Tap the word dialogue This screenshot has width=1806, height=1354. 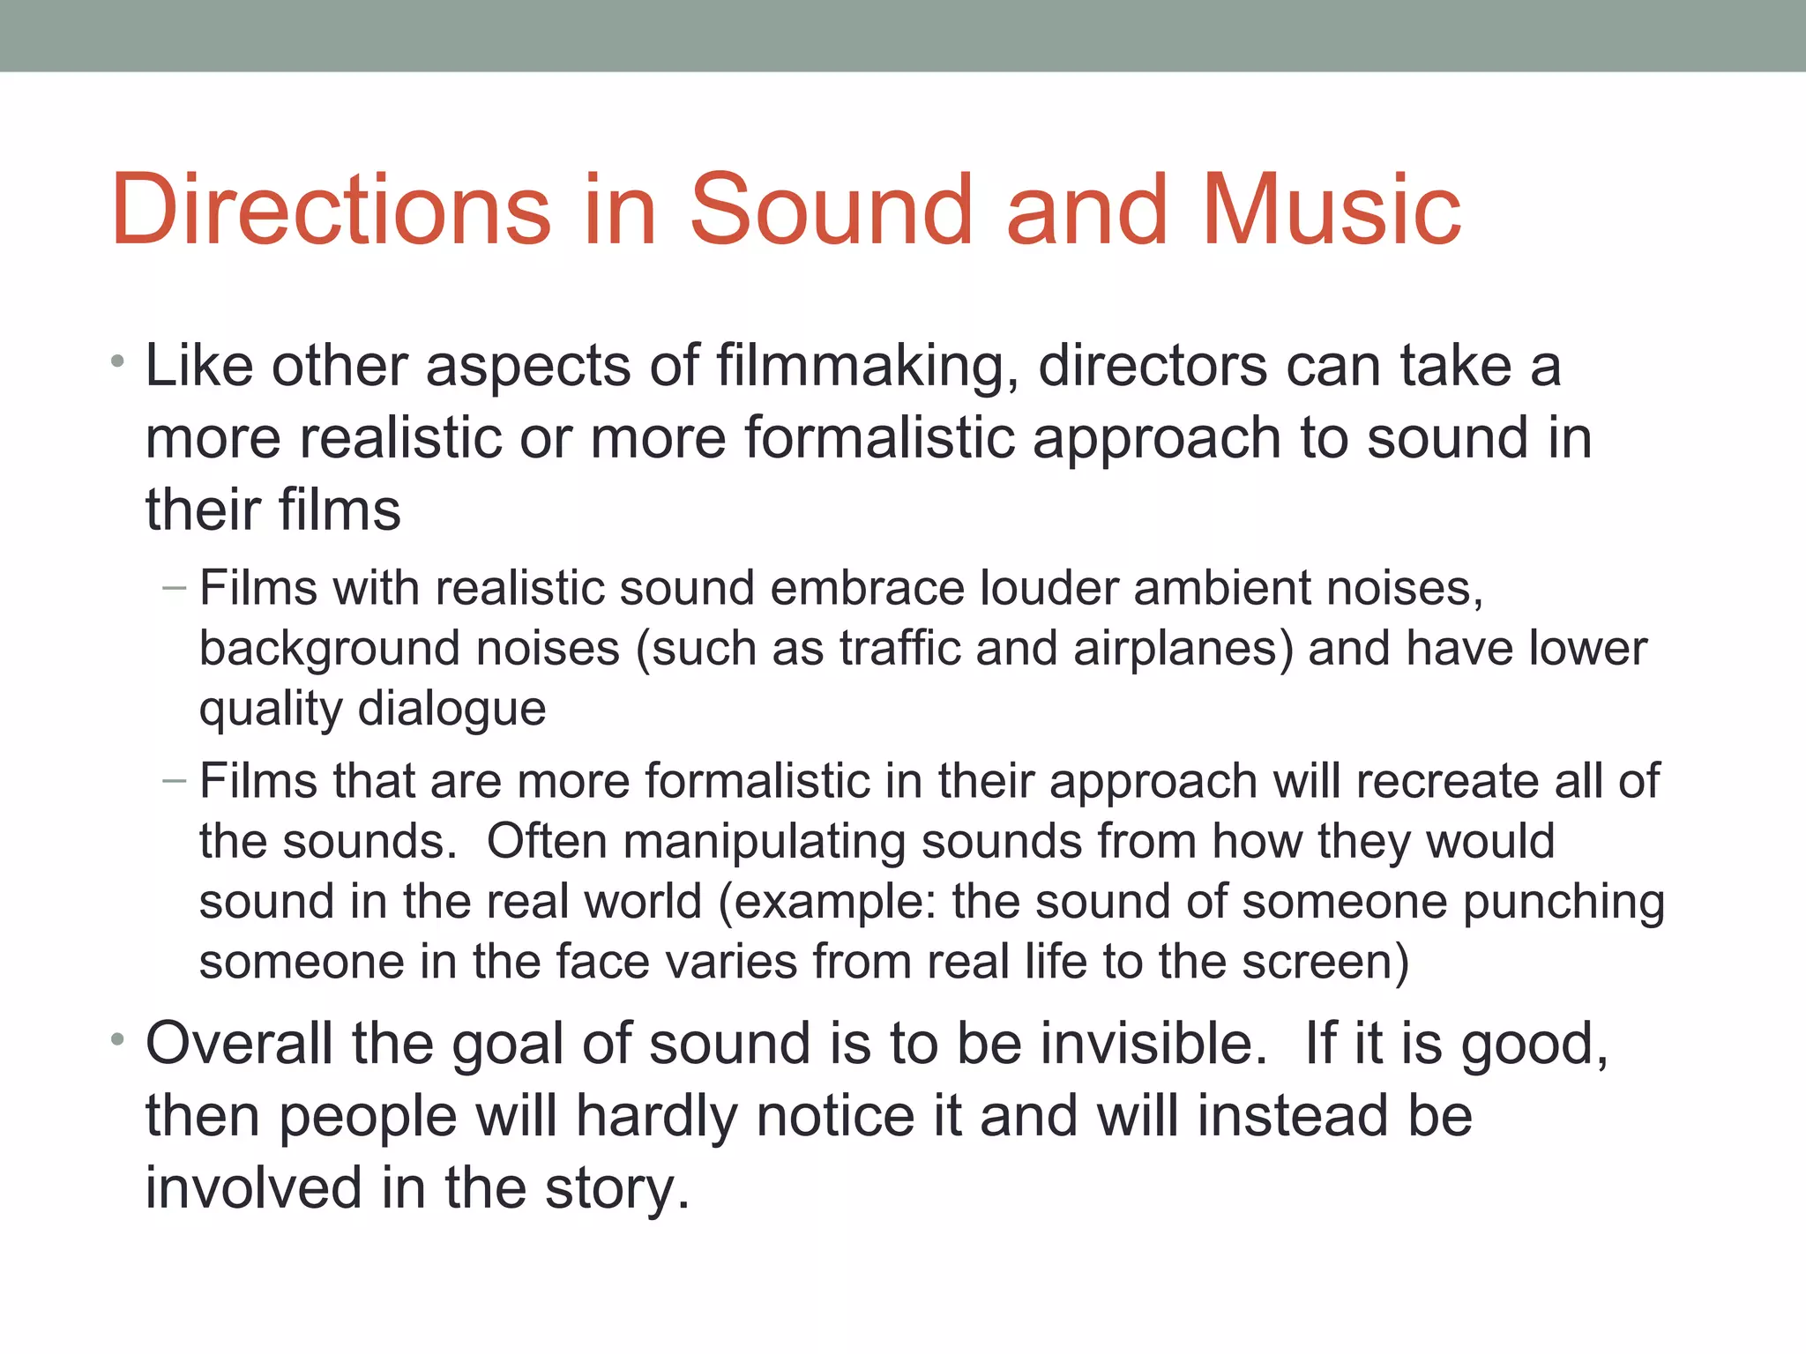point(452,710)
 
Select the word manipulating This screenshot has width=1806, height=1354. point(764,843)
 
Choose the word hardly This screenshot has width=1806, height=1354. point(657,1117)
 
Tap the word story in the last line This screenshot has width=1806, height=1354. point(616,1189)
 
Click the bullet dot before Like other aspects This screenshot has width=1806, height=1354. point(118,361)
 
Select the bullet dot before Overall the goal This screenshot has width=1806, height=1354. point(118,1040)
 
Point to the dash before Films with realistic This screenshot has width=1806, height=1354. point(175,588)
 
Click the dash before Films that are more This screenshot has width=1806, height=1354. point(175,781)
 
